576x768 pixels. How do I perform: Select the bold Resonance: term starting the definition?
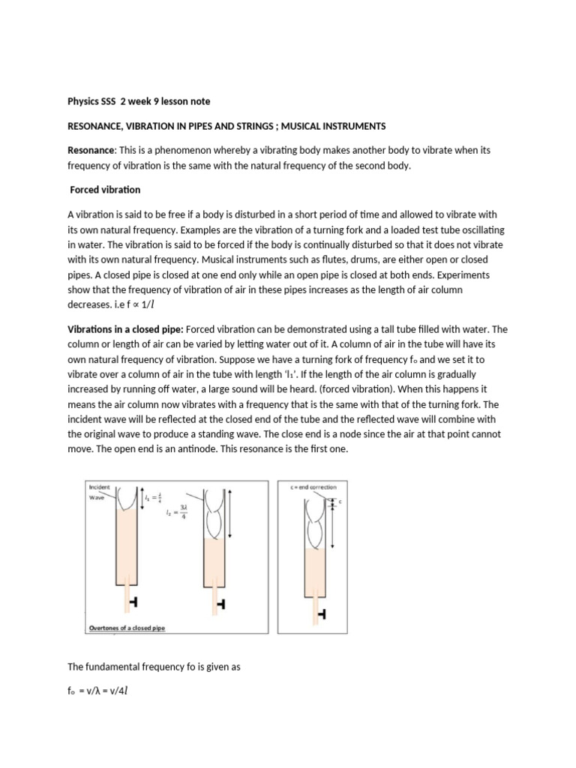[x=91, y=150]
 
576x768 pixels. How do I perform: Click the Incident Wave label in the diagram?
[x=100, y=491]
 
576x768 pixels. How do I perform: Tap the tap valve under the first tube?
[x=132, y=602]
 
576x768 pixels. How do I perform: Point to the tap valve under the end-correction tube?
[x=322, y=614]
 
